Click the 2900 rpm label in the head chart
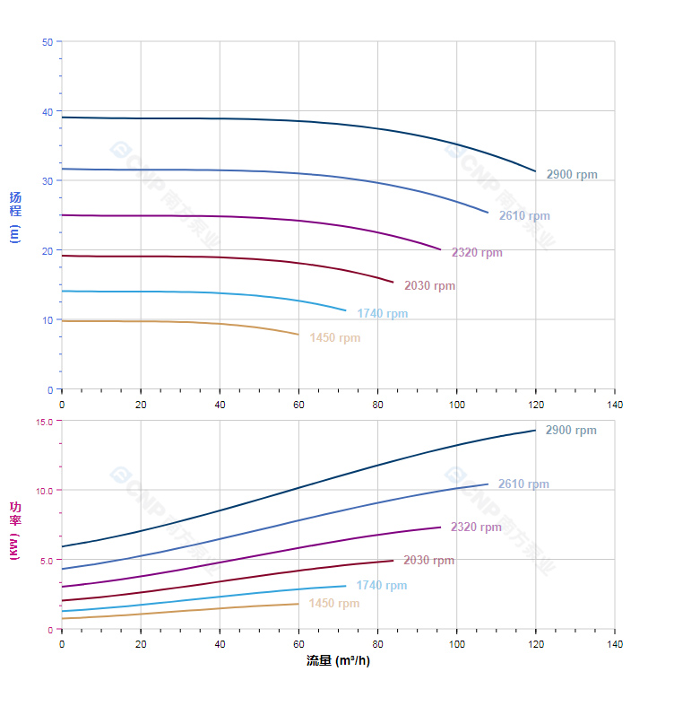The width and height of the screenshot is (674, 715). [572, 175]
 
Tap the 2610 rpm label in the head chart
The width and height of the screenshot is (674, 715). [524, 216]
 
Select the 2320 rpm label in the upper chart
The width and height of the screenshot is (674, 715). [477, 253]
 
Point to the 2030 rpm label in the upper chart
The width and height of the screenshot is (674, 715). [429, 286]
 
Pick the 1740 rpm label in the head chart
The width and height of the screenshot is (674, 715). [382, 314]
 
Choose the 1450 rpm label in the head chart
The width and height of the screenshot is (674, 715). [334, 338]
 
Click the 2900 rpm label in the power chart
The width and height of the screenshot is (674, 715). [571, 431]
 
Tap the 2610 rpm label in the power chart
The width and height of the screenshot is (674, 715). [523, 484]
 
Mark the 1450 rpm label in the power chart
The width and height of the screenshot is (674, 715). [333, 604]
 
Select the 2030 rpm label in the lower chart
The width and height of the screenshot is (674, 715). [428, 561]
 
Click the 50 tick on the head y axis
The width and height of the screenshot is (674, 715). [47, 42]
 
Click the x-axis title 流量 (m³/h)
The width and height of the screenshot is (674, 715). [338, 661]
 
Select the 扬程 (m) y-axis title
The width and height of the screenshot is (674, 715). [15, 215]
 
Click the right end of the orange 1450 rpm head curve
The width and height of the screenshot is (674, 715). [298, 335]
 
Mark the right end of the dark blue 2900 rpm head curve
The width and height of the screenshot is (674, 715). [535, 171]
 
